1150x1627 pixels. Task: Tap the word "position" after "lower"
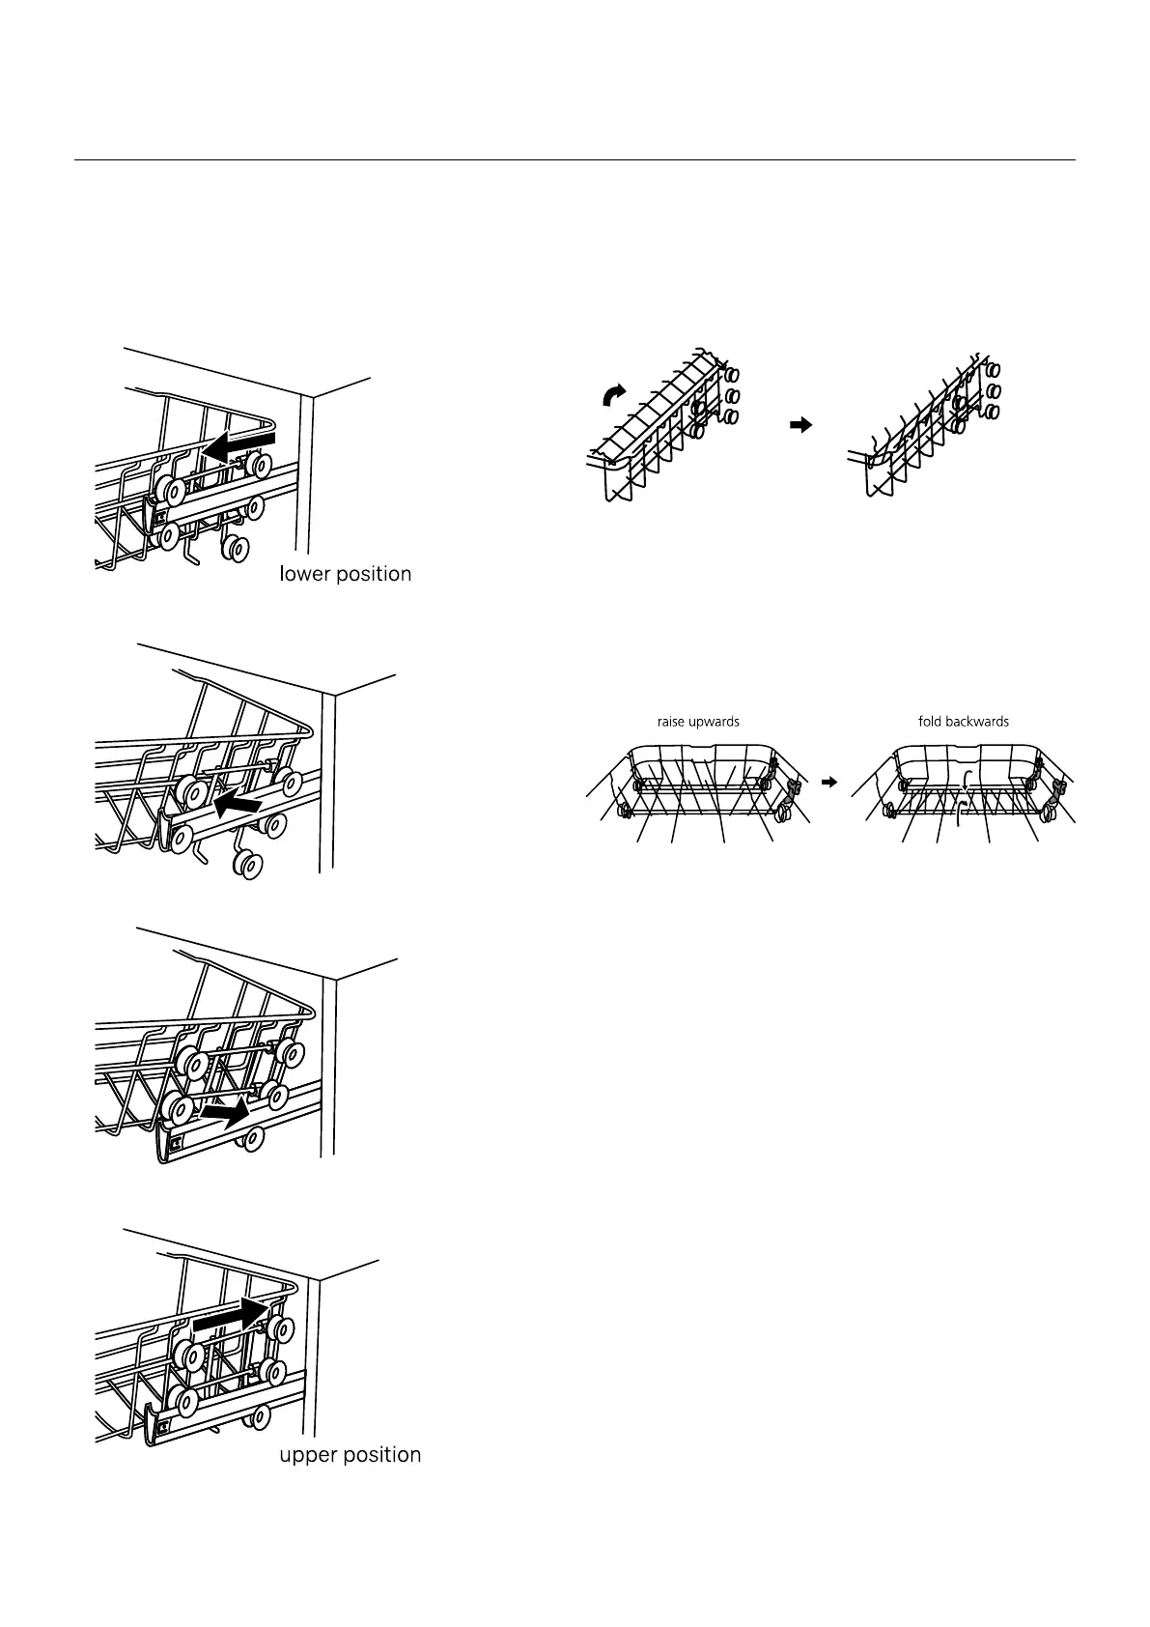(x=376, y=575)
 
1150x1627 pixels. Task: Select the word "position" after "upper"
(x=385, y=1456)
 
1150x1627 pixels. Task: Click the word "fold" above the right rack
(x=930, y=722)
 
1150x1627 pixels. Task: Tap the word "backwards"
(x=977, y=722)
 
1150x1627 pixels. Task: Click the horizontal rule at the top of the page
(x=575, y=160)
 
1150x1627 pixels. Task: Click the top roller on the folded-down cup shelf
(x=993, y=369)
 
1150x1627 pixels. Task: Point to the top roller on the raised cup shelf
(x=733, y=373)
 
